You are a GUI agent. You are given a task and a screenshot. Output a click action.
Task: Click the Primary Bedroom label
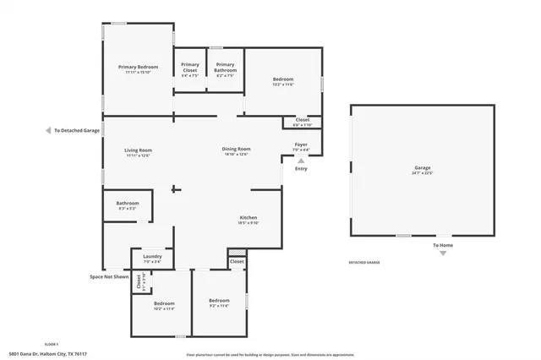coord(139,67)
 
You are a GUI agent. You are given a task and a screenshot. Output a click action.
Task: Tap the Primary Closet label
coord(190,68)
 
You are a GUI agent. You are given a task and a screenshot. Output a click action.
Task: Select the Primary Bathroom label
coord(225,68)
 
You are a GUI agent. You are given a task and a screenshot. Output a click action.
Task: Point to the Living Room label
coord(139,150)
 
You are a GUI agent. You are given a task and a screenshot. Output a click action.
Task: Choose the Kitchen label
coord(248,218)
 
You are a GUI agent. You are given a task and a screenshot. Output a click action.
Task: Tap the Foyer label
coord(301,145)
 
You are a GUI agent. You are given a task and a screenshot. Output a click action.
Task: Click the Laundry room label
coord(152,256)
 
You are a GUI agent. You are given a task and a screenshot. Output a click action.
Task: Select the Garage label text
coord(422,167)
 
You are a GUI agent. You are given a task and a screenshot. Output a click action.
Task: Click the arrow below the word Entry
coord(300,159)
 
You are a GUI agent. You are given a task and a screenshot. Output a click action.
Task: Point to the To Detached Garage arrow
coord(48,131)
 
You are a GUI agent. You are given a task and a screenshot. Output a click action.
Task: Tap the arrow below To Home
coord(443,253)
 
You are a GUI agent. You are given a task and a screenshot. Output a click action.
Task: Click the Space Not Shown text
coord(109,276)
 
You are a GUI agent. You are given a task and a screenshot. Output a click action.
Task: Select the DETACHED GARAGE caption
coord(364,263)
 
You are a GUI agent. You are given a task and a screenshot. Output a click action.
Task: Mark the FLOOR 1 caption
coord(52,345)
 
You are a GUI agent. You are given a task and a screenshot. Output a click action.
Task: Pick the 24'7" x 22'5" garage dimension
coord(422,172)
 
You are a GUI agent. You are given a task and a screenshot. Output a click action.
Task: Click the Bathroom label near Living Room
coord(128,202)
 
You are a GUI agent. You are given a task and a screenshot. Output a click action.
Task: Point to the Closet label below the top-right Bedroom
coord(303,120)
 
